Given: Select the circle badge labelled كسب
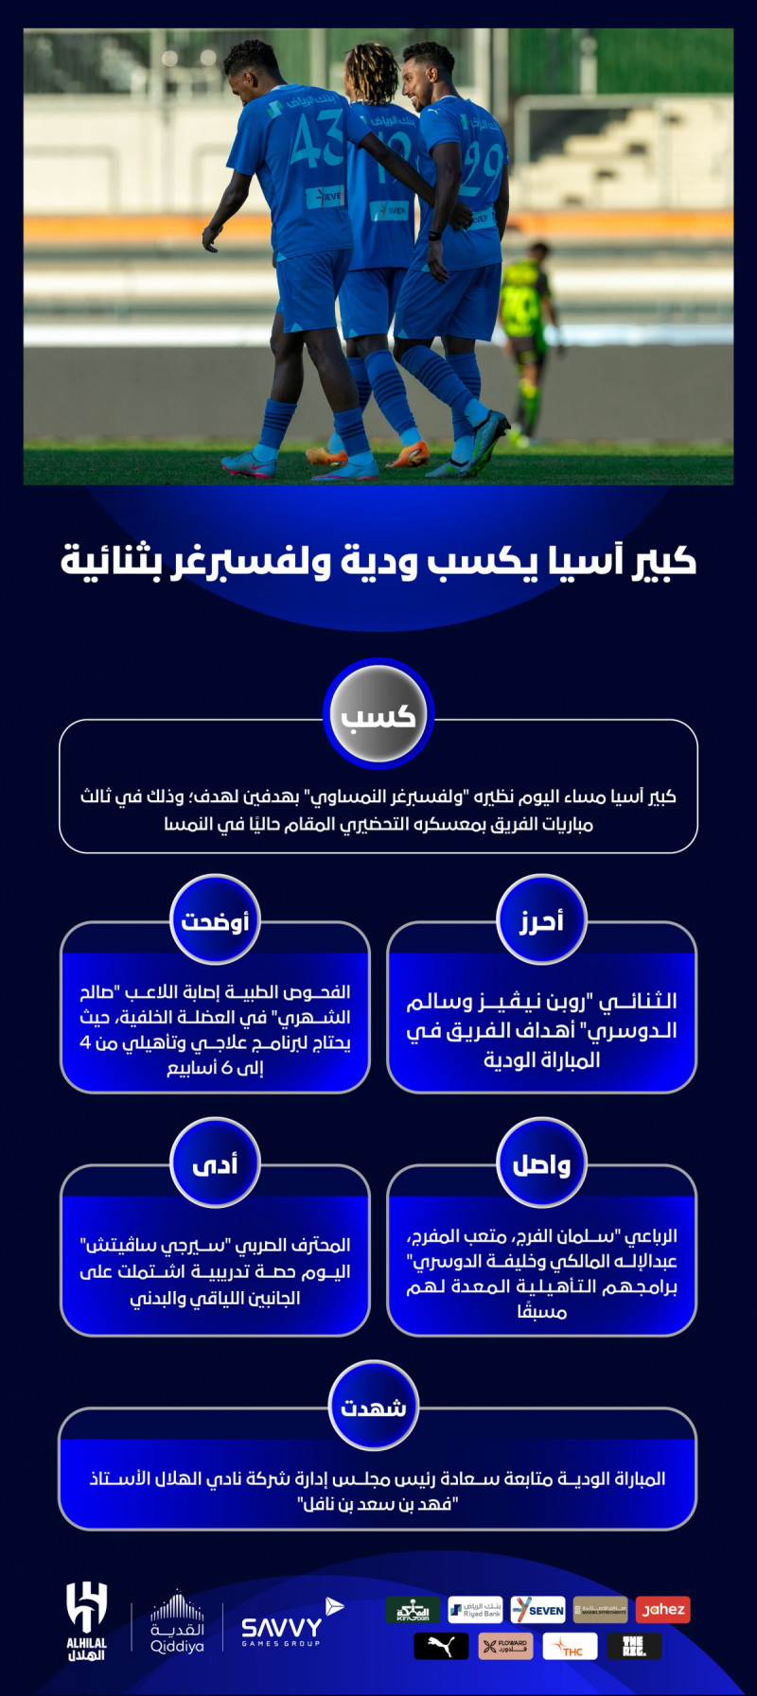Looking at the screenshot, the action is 378,714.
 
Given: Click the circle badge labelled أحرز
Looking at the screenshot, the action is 541,919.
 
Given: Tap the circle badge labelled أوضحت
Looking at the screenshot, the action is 215,919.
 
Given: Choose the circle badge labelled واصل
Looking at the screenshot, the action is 541,1163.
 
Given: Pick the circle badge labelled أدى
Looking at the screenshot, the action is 215,1163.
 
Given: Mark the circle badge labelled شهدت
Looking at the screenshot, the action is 374,1407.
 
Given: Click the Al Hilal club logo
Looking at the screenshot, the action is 86,1621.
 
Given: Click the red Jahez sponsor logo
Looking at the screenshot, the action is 663,1610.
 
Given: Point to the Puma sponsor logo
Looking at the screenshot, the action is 441,1646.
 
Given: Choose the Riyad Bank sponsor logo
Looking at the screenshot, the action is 475,1610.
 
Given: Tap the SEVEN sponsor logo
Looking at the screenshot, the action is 537,1610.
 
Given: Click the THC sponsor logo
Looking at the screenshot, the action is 570,1646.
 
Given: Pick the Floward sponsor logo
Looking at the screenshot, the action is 505,1646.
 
